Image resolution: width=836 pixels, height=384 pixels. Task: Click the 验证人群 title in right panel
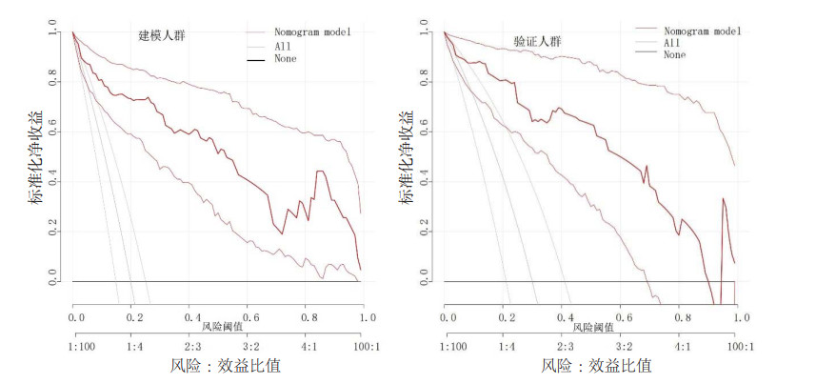[x=538, y=42]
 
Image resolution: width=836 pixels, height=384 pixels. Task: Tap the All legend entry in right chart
[x=670, y=43]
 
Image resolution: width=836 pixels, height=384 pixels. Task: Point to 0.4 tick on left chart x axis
[x=191, y=315]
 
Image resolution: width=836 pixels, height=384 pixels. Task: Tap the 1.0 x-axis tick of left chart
[x=367, y=315]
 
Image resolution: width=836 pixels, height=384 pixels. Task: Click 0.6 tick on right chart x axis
[x=624, y=315]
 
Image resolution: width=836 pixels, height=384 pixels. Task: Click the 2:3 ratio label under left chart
[x=191, y=347]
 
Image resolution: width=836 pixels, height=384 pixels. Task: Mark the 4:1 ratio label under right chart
[x=682, y=347]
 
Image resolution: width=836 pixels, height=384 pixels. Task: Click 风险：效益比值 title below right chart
[x=596, y=366]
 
